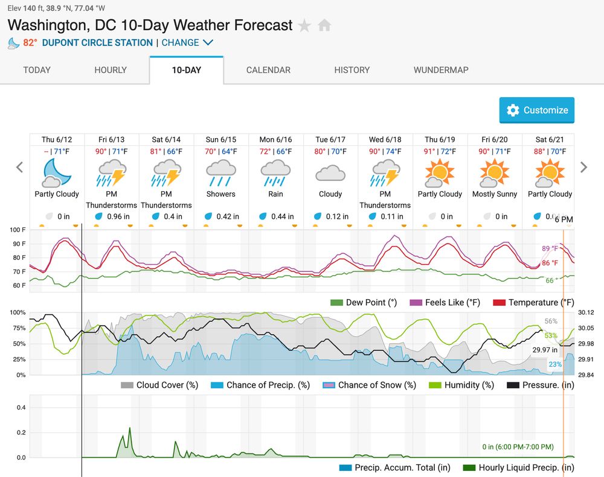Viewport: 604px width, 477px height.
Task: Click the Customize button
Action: [x=537, y=110]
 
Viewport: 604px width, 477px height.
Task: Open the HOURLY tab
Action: [x=111, y=70]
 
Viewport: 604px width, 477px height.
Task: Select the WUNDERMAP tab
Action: [x=441, y=70]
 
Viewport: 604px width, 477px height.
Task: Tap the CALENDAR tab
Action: [x=268, y=70]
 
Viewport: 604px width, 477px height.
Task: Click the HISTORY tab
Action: [x=352, y=70]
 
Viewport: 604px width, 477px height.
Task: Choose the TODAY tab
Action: [x=37, y=70]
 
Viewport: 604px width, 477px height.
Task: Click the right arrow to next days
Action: [x=583, y=168]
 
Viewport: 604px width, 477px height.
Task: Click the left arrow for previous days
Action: [x=20, y=168]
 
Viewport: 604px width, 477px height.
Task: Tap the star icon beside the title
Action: [x=305, y=26]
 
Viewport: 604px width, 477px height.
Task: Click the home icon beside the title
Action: [x=324, y=26]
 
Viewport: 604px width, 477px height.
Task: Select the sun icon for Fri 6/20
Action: [x=495, y=174]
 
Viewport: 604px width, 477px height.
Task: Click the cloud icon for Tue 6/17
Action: [x=330, y=174]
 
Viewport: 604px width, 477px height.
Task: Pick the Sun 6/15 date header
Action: [x=221, y=139]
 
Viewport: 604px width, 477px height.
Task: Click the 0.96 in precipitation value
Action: [x=118, y=216]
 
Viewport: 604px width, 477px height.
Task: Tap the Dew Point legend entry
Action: [x=364, y=302]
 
